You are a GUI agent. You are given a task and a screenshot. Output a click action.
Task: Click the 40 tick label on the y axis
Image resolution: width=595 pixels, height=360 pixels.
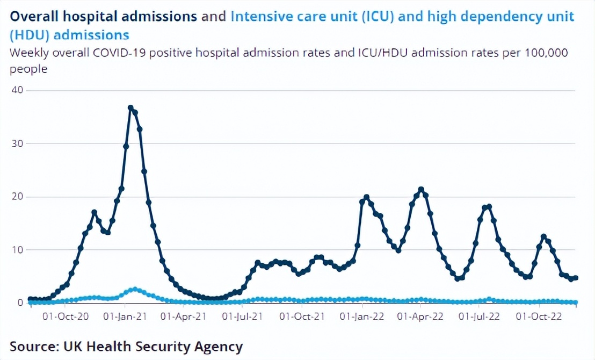coord(17,90)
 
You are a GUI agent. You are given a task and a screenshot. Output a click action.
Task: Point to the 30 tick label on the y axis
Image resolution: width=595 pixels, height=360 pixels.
coord(17,143)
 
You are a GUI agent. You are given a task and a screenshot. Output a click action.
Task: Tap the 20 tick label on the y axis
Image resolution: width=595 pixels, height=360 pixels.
coord(17,196)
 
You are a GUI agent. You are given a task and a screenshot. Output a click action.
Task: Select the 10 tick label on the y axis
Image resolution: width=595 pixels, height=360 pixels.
coord(17,249)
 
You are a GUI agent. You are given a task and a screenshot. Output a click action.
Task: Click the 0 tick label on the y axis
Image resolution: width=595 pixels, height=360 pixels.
coord(20,303)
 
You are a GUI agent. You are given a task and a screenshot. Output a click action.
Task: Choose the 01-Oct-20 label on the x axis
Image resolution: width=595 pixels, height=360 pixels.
coord(66,317)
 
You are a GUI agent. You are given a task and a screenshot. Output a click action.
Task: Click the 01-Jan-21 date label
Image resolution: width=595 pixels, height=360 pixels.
coord(125,317)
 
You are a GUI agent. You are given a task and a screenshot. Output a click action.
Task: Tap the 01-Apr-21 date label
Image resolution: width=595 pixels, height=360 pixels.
coord(184,317)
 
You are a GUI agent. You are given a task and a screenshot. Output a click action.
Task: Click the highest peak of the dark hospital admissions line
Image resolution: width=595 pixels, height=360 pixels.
coord(130,107)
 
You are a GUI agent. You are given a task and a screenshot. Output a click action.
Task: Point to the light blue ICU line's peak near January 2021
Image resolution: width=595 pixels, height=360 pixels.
coord(135,289)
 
